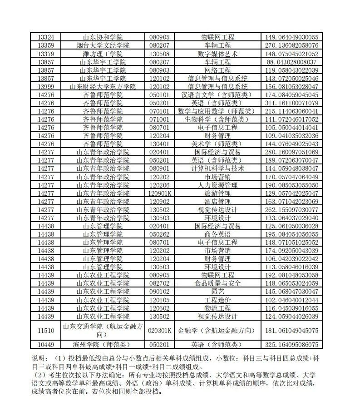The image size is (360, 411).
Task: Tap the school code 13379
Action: pos(46,54)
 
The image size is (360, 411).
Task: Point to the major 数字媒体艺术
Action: pos(217,54)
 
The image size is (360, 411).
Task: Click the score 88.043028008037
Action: pos(291,62)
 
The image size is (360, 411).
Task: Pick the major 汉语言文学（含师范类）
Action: pos(217,94)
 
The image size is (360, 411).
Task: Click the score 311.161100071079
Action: pos(291,103)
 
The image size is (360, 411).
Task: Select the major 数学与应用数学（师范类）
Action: pos(217,111)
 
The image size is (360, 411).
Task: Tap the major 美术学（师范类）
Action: pos(217,144)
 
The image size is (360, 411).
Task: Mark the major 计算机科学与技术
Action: pos(217,168)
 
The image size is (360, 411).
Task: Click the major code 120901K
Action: pos(159,193)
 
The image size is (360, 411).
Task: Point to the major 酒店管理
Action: pos(217,201)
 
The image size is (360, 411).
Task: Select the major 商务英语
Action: pos(217,234)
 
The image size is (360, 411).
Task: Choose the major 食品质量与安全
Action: pos(217,283)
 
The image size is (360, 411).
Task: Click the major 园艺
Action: pos(217,292)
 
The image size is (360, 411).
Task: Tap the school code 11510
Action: pos(46,330)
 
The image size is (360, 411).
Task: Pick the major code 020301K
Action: pos(159,330)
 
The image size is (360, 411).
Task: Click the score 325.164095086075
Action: pos(291,344)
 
